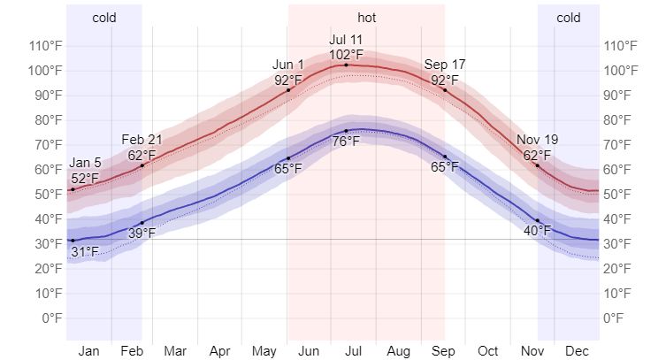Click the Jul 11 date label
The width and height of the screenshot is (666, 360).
click(346, 40)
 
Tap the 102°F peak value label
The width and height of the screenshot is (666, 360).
click(346, 54)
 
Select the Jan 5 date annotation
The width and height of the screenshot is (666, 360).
click(85, 164)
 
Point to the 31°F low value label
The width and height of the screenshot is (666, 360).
click(85, 252)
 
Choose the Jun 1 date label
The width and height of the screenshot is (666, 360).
click(288, 65)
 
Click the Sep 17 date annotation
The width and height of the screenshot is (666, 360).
click(445, 65)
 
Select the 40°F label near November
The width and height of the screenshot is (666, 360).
click(537, 231)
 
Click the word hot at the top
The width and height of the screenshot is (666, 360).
click(366, 18)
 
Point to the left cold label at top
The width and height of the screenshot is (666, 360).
click(103, 18)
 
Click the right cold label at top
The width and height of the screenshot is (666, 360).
click(569, 18)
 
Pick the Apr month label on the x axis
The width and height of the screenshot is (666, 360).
click(219, 350)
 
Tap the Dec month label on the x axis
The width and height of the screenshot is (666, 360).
click(578, 350)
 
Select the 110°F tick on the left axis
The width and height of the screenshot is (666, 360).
click(44, 46)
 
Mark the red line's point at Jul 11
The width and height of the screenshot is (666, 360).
click(346, 65)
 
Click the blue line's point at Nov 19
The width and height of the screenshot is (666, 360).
click(537, 219)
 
